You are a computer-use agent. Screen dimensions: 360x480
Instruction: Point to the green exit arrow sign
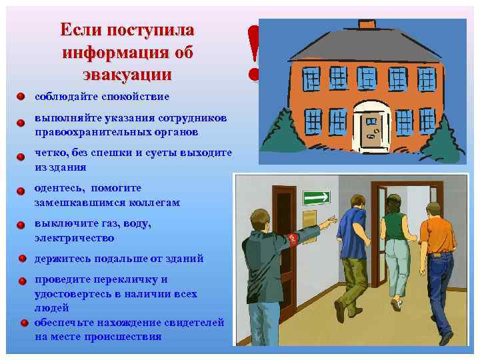pos(317,197)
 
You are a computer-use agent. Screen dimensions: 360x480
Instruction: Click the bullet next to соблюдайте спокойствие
pos(21,97)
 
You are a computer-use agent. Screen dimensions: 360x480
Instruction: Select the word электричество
pos(74,237)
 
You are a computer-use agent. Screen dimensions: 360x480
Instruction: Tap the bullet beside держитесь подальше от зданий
pos(22,259)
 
